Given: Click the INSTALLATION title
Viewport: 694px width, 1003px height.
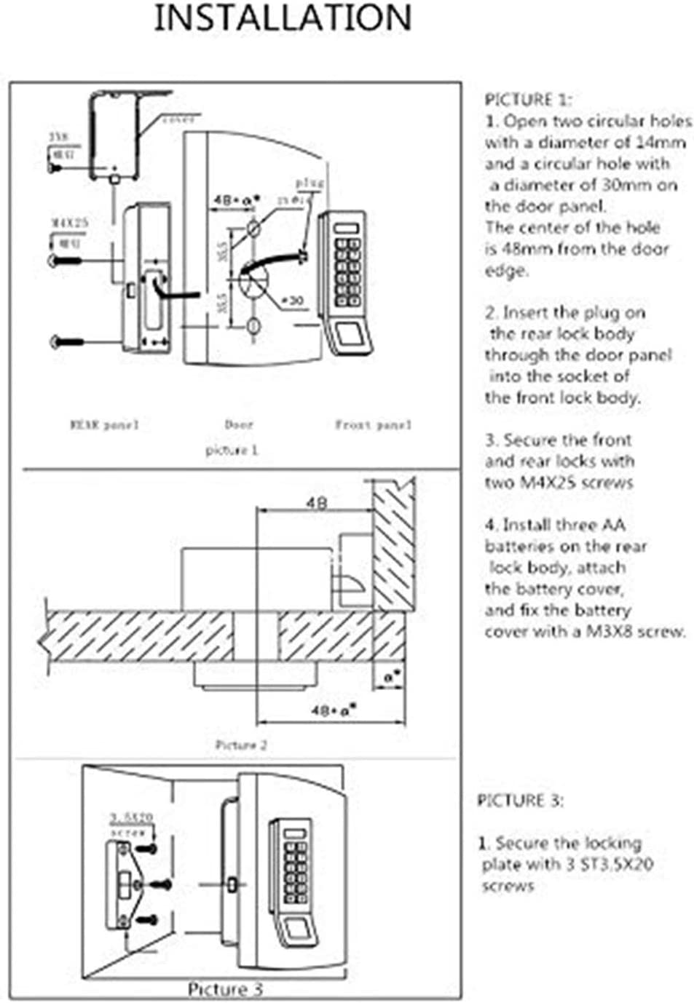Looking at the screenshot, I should pyautogui.click(x=283, y=18).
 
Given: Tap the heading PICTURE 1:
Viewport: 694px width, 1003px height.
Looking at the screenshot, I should pyautogui.click(x=528, y=100).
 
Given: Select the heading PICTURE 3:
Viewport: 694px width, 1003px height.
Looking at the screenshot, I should pyautogui.click(x=520, y=801).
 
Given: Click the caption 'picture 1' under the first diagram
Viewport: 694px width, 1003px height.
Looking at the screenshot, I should pyautogui.click(x=232, y=450).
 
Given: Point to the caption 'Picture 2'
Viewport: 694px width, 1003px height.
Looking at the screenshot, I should pyautogui.click(x=241, y=745).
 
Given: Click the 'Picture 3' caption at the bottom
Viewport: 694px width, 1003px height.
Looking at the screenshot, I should pyautogui.click(x=225, y=988).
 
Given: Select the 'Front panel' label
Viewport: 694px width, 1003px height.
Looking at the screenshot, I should pyautogui.click(x=373, y=424).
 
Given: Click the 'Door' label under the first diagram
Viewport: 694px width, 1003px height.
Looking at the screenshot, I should pyautogui.click(x=239, y=424).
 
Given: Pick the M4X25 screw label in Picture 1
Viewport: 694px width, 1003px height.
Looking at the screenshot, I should pyautogui.click(x=68, y=222).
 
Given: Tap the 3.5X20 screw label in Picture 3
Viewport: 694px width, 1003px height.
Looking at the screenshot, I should pyautogui.click(x=131, y=817).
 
